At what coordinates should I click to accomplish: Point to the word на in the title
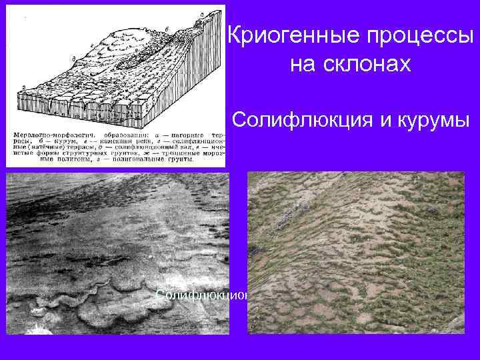(302, 65)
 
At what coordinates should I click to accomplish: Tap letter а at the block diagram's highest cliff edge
(200, 15)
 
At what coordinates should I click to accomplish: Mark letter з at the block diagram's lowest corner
(24, 86)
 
